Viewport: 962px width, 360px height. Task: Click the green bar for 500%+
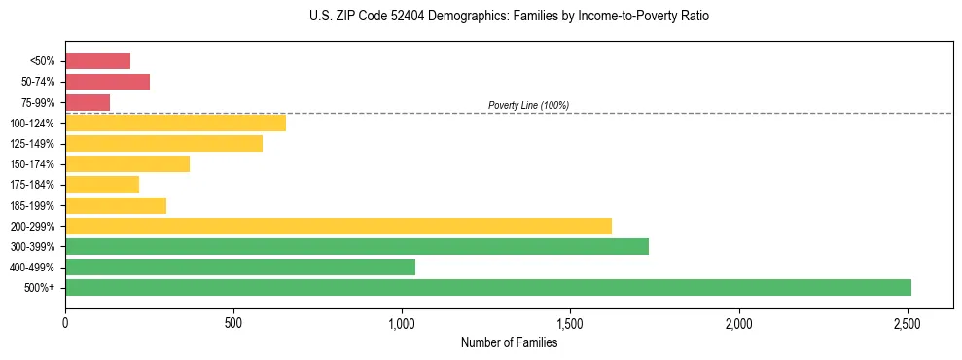pos(487,288)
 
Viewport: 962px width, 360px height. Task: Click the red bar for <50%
pos(97,60)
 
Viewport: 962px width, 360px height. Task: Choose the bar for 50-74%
pos(107,82)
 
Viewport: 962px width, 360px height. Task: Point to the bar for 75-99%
pos(88,102)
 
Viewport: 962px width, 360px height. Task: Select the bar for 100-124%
pos(175,123)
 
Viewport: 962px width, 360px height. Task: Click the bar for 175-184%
pos(102,185)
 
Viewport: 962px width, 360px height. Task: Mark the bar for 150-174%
pos(127,163)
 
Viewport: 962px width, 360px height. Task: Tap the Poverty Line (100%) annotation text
pos(528,105)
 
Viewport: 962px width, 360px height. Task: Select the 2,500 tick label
pos(908,321)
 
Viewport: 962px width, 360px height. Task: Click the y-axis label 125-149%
pos(32,144)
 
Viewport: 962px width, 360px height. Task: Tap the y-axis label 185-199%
pos(32,205)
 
